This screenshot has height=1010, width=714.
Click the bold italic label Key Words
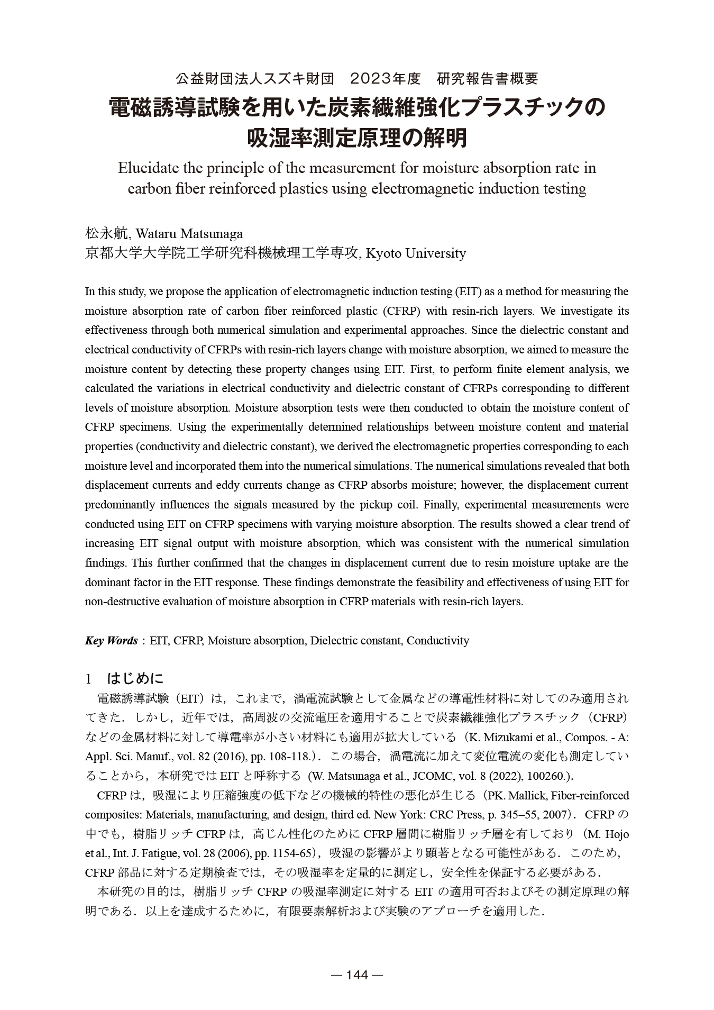pos(111,641)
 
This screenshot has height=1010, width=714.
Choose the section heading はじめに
pos(135,678)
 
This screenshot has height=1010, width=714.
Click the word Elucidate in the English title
pos(148,168)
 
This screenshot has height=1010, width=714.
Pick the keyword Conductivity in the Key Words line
pos(438,641)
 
